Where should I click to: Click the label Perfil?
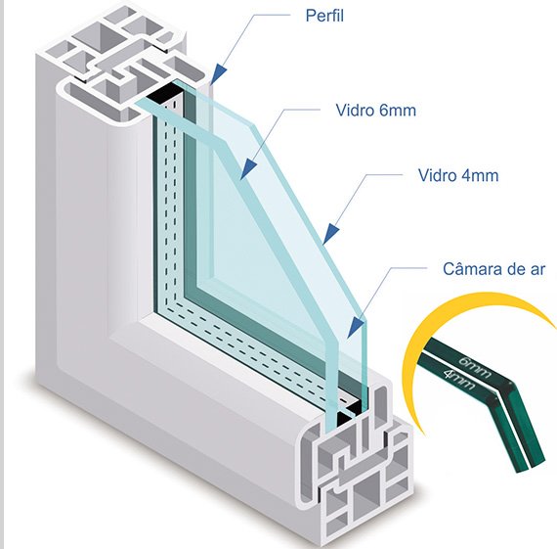pyautogui.click(x=324, y=16)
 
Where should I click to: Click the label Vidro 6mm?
pyautogui.click(x=376, y=111)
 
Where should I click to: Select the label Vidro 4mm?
pyautogui.click(x=458, y=175)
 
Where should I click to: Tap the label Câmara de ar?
pyautogui.click(x=493, y=269)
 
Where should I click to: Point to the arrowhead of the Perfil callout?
pyautogui.click(x=219, y=75)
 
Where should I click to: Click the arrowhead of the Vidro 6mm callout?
pyautogui.click(x=248, y=169)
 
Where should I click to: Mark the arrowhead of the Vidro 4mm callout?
pyautogui.click(x=331, y=234)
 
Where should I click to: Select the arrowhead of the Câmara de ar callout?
pyautogui.click(x=356, y=328)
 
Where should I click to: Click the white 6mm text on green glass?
pyautogui.click(x=475, y=366)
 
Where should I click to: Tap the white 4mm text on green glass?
pyautogui.click(x=459, y=380)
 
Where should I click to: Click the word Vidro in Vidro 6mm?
pyautogui.click(x=354, y=111)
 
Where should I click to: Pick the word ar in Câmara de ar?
pyautogui.click(x=537, y=269)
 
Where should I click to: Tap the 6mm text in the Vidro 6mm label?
pyautogui.click(x=397, y=111)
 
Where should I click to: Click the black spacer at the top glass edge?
pyautogui.click(x=163, y=93)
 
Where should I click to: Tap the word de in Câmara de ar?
pyautogui.click(x=517, y=269)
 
